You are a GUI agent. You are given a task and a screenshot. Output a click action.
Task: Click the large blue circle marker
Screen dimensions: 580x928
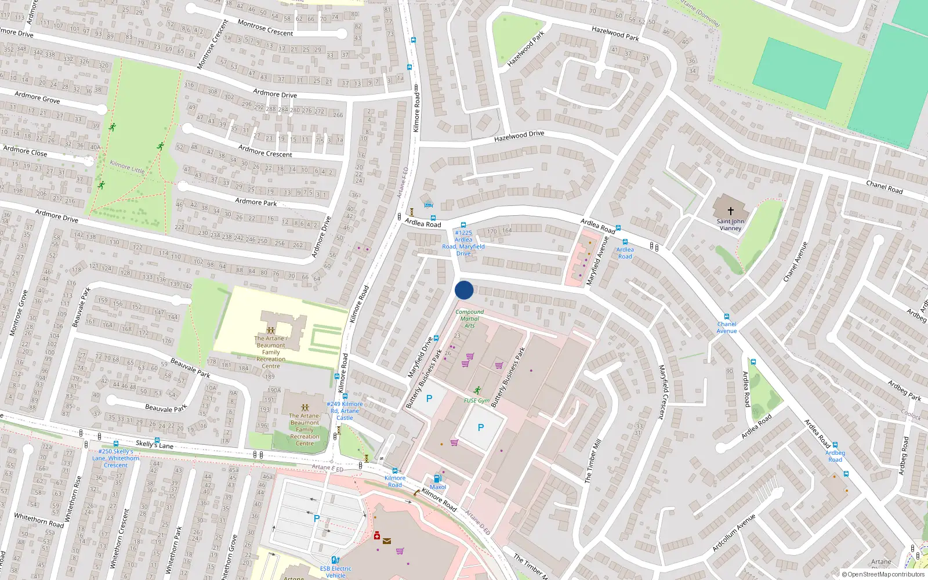(x=464, y=290)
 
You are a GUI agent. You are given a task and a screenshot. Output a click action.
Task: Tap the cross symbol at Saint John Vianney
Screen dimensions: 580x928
(x=730, y=211)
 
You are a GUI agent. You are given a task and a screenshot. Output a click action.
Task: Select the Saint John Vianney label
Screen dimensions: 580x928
(x=730, y=224)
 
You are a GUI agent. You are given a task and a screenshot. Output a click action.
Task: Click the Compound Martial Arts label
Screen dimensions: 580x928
(x=469, y=318)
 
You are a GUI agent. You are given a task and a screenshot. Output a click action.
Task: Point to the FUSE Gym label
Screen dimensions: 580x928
(x=477, y=401)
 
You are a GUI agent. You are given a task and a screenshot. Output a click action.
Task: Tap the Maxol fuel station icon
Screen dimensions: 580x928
(x=437, y=478)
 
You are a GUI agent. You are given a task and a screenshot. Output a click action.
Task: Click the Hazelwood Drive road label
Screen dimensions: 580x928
(x=519, y=136)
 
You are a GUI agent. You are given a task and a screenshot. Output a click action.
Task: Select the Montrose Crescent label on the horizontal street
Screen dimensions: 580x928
(x=265, y=28)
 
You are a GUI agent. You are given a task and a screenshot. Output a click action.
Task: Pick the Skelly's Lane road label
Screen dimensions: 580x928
(x=154, y=444)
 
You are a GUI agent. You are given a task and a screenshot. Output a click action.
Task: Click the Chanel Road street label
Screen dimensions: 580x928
(x=884, y=187)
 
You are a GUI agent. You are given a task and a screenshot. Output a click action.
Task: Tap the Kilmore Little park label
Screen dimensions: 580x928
(x=127, y=167)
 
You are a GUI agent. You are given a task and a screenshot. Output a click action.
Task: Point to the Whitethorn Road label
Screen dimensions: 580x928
(x=39, y=520)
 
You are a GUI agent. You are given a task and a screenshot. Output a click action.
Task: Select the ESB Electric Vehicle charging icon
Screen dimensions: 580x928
(x=335, y=560)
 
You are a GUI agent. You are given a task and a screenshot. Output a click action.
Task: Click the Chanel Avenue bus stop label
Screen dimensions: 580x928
(x=726, y=328)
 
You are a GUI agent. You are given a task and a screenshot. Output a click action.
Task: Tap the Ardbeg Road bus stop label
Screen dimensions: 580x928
(x=835, y=456)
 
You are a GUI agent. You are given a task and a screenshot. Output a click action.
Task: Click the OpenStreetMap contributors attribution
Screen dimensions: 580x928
(x=883, y=574)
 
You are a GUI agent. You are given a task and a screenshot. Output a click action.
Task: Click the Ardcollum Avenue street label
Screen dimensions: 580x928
(x=734, y=532)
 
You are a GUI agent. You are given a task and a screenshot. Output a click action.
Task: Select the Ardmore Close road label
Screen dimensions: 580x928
(x=25, y=151)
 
